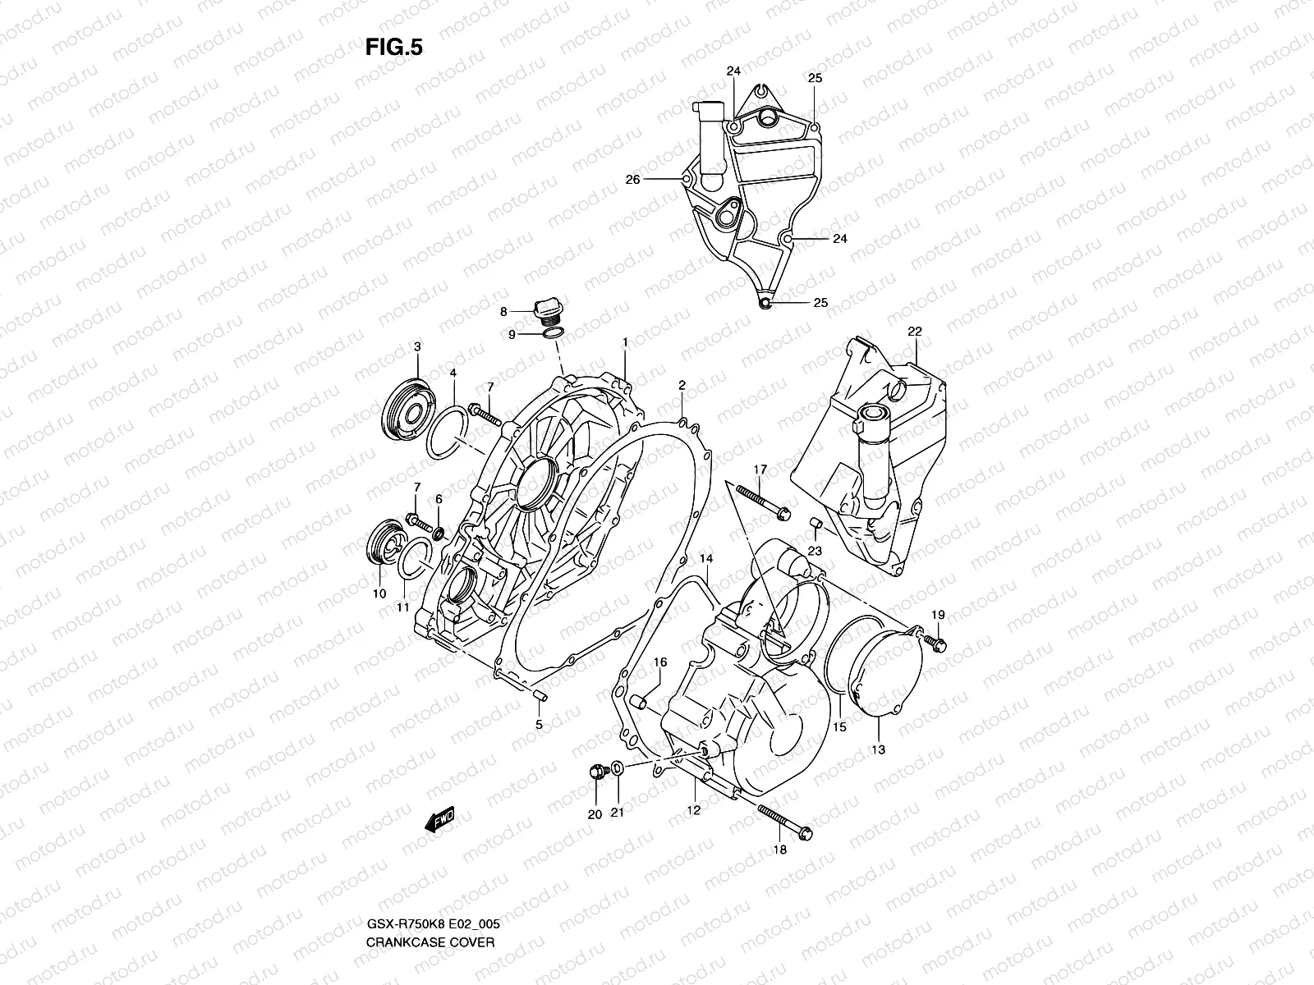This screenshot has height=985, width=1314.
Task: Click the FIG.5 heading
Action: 393,48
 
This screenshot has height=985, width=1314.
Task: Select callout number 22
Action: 915,332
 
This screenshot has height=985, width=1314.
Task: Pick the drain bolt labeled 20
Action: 597,772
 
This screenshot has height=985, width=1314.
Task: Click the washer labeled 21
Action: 617,769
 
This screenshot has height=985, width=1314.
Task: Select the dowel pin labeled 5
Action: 540,698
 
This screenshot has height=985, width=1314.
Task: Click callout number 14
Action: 705,559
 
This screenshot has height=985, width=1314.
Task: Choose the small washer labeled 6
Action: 438,535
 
